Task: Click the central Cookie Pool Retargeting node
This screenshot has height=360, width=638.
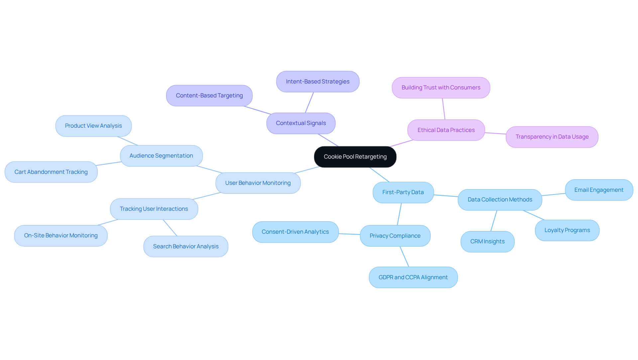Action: (355, 157)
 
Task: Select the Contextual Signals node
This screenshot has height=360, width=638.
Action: (301, 123)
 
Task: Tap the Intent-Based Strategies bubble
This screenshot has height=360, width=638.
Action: (317, 81)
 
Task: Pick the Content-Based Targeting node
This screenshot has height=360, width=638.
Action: (209, 95)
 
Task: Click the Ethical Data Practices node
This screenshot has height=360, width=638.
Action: (446, 130)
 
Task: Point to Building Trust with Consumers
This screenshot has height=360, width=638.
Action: (441, 87)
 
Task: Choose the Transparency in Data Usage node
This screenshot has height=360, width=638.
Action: (552, 137)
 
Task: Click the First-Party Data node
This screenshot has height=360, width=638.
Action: (403, 192)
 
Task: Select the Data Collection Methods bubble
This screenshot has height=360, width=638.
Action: (500, 199)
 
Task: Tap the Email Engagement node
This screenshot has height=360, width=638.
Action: (599, 190)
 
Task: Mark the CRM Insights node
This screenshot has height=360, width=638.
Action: (487, 241)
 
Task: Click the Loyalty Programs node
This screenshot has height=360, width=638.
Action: (567, 230)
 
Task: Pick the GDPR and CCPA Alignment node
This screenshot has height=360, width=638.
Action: (413, 277)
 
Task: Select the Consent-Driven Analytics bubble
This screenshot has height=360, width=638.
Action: (295, 232)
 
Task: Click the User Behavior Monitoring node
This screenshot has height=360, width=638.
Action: (258, 183)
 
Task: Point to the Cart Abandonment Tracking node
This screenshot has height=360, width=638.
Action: (51, 172)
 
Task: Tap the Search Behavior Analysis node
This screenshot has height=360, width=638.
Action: (185, 246)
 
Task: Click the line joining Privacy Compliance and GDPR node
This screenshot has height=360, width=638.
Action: (404, 257)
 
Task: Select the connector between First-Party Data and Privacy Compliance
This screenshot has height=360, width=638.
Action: (399, 214)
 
